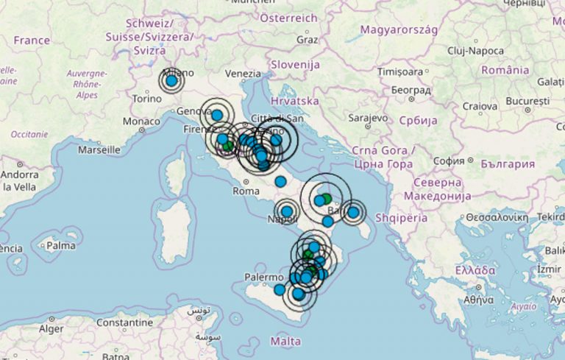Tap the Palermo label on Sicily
(264, 278)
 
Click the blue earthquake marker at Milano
(171, 82)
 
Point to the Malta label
(285, 342)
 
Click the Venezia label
(243, 74)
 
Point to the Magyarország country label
(399, 30)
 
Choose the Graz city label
(307, 39)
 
